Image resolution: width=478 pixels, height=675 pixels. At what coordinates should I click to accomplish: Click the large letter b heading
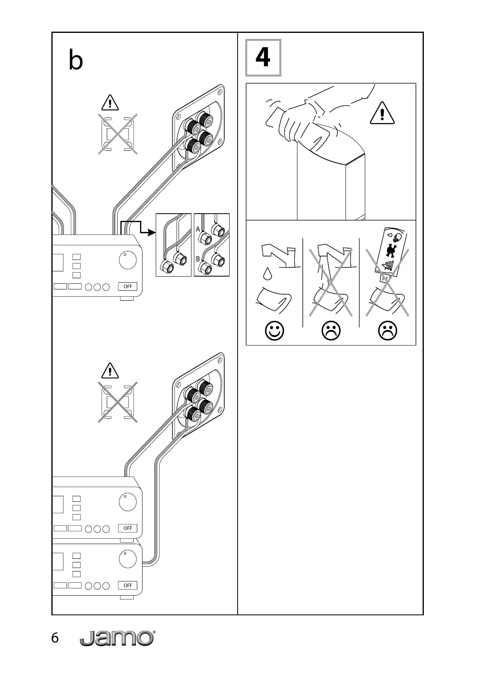[x=76, y=61]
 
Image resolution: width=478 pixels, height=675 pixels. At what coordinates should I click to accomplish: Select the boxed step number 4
[x=263, y=58]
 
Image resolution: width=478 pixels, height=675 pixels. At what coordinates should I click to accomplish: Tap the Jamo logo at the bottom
[x=117, y=638]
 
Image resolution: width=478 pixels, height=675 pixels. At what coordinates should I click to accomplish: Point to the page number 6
[x=55, y=638]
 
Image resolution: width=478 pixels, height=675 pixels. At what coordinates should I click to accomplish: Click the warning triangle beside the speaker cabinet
[x=382, y=113]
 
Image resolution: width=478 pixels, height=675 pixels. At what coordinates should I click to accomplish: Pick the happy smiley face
[x=275, y=331]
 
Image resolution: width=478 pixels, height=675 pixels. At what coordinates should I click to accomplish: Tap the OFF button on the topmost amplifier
[x=128, y=286]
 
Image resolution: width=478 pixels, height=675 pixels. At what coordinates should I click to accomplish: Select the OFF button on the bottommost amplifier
[x=128, y=585]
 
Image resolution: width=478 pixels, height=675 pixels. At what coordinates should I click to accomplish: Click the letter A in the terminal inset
[x=198, y=229]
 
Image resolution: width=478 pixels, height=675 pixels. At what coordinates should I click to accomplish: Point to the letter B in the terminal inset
[x=198, y=259]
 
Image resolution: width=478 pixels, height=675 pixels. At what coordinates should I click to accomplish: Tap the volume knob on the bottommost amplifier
[x=128, y=559]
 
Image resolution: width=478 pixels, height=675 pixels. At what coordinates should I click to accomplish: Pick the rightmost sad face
[x=388, y=331]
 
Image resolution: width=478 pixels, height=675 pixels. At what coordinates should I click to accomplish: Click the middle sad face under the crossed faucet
[x=331, y=331]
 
